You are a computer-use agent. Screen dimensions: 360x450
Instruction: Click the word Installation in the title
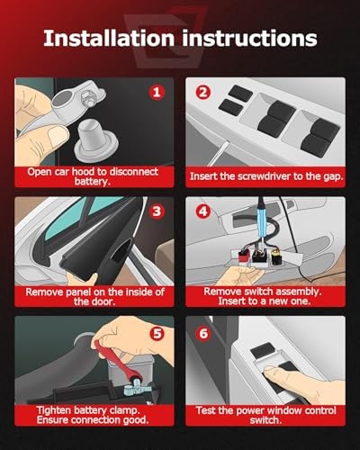click(109, 38)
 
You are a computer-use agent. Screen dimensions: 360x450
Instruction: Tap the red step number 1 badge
click(157, 92)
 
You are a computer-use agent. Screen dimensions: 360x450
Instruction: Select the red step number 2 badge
click(203, 92)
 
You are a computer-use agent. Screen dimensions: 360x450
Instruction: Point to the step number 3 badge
click(157, 211)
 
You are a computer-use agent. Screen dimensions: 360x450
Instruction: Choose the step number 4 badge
click(203, 211)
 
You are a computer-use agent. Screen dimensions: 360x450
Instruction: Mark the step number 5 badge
click(157, 334)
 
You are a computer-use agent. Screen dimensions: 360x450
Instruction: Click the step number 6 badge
click(203, 334)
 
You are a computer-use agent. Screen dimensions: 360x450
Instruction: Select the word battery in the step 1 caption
click(92, 182)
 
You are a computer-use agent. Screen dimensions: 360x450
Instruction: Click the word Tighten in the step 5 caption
click(53, 410)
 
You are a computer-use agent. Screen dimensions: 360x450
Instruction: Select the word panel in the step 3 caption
click(76, 292)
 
